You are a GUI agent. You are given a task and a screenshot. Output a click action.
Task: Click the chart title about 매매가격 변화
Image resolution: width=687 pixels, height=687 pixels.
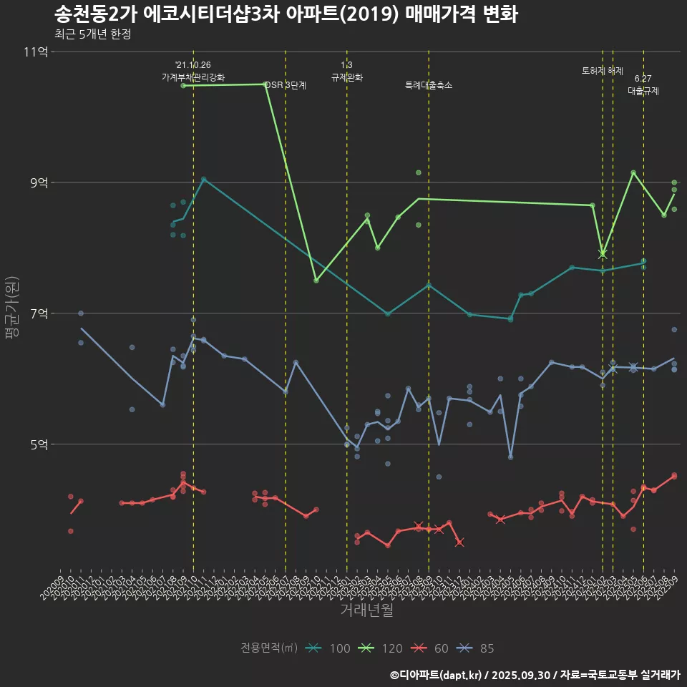click(x=286, y=14)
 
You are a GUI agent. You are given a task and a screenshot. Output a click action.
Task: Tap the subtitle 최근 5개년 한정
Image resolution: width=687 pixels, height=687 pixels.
click(x=92, y=34)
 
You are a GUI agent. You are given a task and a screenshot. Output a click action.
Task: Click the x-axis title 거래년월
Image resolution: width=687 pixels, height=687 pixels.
click(x=366, y=610)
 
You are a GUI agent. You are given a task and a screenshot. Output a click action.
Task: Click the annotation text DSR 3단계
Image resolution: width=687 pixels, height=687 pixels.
click(x=286, y=85)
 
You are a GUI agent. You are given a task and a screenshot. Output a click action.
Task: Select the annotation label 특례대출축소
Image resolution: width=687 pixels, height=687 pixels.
click(x=429, y=85)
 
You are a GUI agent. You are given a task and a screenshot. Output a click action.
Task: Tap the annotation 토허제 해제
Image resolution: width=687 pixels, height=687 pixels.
click(x=603, y=71)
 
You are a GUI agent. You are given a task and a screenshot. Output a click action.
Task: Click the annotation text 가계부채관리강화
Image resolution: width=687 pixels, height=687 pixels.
click(x=193, y=77)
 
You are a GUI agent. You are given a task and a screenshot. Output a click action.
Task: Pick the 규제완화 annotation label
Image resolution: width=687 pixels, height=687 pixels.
click(x=347, y=77)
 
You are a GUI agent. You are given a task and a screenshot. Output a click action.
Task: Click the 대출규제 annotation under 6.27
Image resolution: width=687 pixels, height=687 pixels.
click(x=643, y=91)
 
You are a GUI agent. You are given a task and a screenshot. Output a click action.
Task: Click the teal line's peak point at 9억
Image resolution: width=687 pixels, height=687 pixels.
click(x=204, y=180)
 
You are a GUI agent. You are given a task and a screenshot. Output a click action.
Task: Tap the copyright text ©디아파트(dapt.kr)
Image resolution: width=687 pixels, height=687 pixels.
click(x=437, y=675)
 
